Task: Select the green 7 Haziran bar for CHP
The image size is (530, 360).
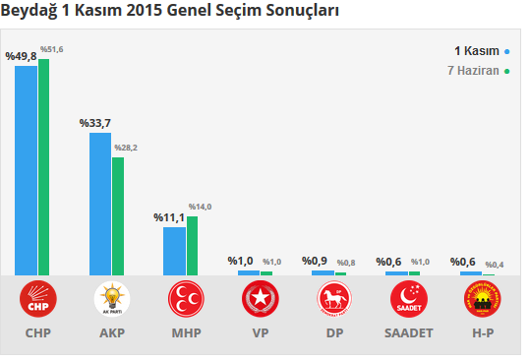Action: (44, 167)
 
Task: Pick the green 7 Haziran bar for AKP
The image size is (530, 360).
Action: (118, 215)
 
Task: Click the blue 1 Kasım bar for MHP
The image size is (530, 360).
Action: (174, 251)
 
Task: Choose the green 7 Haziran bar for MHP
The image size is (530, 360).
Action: (192, 245)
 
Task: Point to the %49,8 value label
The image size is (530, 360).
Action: (21, 57)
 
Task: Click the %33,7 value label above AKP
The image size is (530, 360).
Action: (94, 123)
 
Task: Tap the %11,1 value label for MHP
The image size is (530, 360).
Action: (169, 217)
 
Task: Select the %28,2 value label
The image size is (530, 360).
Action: (126, 148)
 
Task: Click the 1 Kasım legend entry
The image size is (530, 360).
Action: (476, 50)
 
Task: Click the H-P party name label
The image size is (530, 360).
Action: (482, 332)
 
